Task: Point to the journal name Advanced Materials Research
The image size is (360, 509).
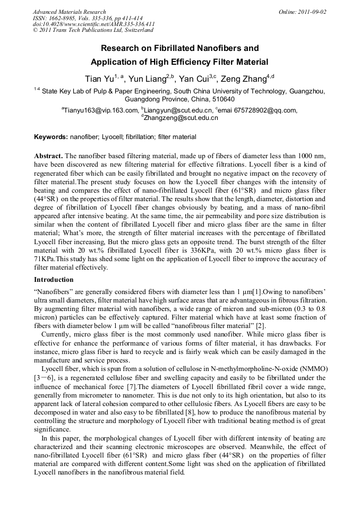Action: pos(69,11)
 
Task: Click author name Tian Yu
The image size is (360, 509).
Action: pos(99,79)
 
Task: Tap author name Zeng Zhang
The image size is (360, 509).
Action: pos(243,79)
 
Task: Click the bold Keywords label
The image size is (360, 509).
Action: pos(51,137)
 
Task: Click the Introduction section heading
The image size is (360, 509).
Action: pos(54,279)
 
